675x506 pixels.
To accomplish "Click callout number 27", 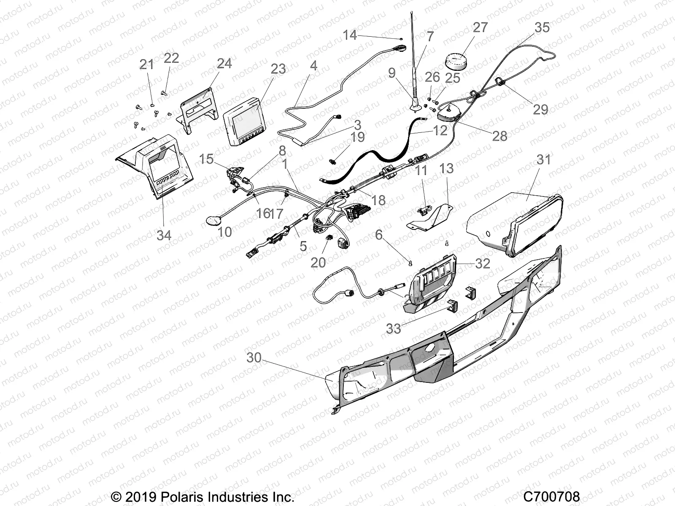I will click(x=480, y=27).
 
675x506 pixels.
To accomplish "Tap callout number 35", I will click(x=542, y=27).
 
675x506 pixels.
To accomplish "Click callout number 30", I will click(x=254, y=358).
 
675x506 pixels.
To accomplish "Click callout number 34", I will click(x=164, y=235).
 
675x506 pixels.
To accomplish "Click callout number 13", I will click(x=446, y=168).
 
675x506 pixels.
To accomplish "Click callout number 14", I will click(x=350, y=35).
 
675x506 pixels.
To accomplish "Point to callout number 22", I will click(x=171, y=58).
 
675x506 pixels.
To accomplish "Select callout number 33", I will click(x=393, y=328).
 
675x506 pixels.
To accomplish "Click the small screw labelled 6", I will click(x=410, y=264).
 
